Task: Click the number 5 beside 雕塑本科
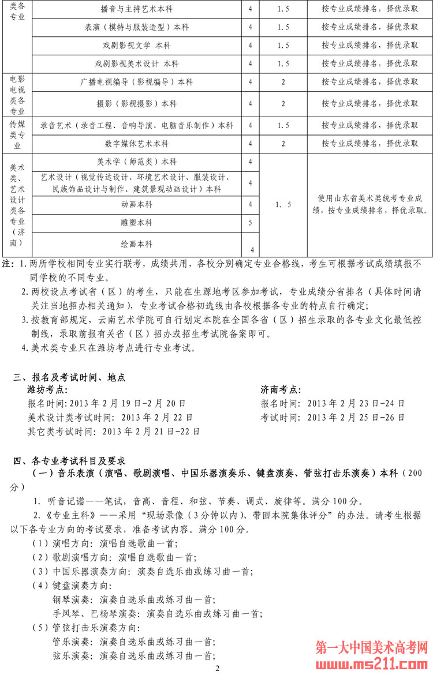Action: [250, 223]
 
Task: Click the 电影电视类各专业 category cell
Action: [17, 95]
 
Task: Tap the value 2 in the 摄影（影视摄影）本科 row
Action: [283, 104]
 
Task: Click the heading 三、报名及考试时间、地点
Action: [69, 378]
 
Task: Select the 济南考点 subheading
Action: [281, 391]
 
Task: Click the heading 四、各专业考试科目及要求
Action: [69, 461]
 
